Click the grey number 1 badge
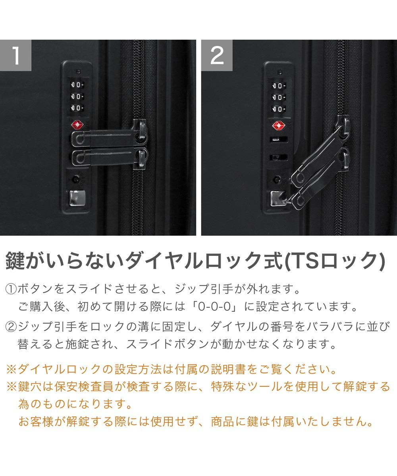15,55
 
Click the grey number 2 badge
217,55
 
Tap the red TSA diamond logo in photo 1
77,125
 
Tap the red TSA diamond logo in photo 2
279,126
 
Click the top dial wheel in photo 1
77,85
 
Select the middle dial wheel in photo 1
77,96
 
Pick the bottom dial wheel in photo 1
77,107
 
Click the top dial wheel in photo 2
279,86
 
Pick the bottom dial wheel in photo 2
279,109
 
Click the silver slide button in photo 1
77,198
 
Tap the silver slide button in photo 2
278,198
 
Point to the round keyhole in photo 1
75,179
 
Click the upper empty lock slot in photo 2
279,139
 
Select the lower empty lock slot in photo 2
278,157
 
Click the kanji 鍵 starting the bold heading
15,261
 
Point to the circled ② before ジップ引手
11,327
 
